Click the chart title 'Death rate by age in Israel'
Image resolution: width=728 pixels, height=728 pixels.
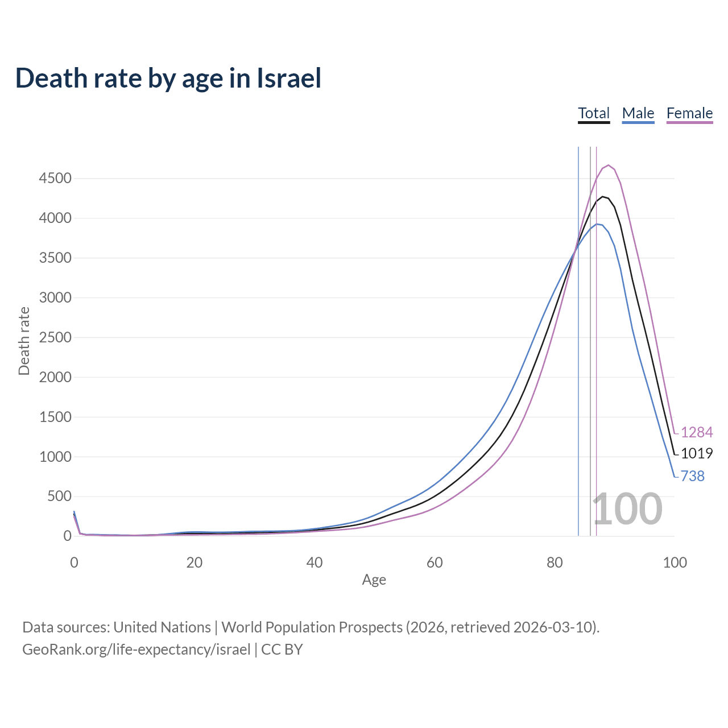click(x=168, y=78)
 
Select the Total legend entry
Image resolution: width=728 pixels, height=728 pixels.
click(x=594, y=113)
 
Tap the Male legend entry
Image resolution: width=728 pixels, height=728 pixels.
click(x=638, y=113)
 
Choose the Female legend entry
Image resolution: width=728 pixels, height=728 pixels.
click(x=689, y=113)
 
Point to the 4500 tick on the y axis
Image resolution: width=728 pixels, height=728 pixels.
click(x=55, y=179)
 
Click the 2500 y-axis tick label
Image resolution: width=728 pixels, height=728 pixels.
click(x=55, y=337)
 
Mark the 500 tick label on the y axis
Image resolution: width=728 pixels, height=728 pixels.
click(x=59, y=497)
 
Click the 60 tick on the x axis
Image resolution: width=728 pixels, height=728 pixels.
click(x=435, y=562)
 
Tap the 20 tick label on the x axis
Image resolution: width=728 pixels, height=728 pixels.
click(x=194, y=562)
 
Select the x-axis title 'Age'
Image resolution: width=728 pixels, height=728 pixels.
click(x=374, y=580)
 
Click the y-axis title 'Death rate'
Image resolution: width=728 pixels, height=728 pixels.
click(x=24, y=341)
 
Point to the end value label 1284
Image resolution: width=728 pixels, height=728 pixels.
click(x=697, y=432)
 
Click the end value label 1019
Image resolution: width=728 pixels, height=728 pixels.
click(x=697, y=453)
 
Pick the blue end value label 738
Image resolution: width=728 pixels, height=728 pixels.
click(x=692, y=476)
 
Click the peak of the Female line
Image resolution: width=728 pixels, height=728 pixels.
click(x=609, y=165)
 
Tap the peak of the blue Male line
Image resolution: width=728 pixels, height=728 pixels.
click(x=597, y=224)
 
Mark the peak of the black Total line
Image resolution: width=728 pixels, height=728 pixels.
click(x=602, y=196)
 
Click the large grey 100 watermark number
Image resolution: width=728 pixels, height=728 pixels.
click(x=627, y=509)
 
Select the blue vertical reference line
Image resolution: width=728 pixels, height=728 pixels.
click(x=578, y=370)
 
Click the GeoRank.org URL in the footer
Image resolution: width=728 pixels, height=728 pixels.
click(x=136, y=650)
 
